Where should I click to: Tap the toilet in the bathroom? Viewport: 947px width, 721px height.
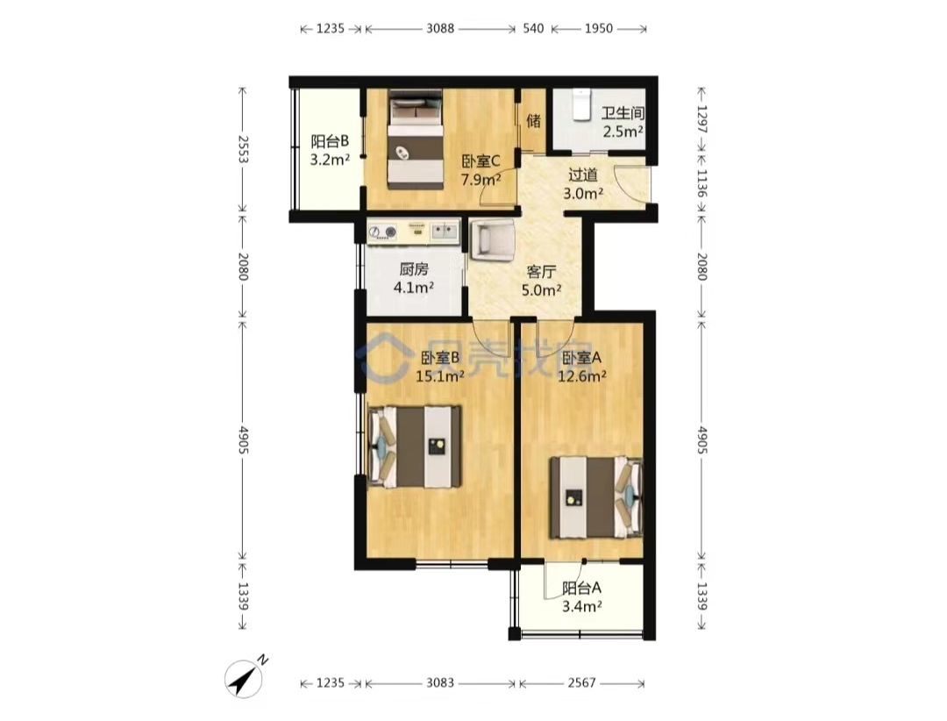pyautogui.click(x=581, y=104)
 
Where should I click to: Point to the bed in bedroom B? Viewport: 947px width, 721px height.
pyautogui.click(x=415, y=446)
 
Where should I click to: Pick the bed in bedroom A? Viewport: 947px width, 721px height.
pyautogui.click(x=595, y=497)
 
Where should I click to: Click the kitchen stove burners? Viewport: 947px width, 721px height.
pyautogui.click(x=382, y=232)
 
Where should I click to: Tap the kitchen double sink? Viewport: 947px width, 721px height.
pyautogui.click(x=445, y=231)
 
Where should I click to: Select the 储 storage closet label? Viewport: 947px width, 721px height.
pyautogui.click(x=533, y=121)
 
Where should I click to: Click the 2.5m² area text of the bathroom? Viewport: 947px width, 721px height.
pyautogui.click(x=623, y=132)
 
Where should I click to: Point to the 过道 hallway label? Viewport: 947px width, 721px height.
pyautogui.click(x=583, y=175)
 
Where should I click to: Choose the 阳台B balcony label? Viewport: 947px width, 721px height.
pyautogui.click(x=330, y=141)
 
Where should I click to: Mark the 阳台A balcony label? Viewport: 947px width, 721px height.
pyautogui.click(x=581, y=588)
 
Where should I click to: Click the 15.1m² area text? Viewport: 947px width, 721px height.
pyautogui.click(x=439, y=376)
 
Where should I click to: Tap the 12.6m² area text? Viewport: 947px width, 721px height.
pyautogui.click(x=581, y=376)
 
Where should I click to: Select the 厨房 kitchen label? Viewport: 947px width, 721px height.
pyautogui.click(x=414, y=269)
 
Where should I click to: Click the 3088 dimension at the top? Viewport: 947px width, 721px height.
pyautogui.click(x=440, y=28)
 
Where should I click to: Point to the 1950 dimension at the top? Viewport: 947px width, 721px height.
pyautogui.click(x=599, y=28)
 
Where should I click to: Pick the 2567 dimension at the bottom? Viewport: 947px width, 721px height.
pyautogui.click(x=581, y=683)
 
